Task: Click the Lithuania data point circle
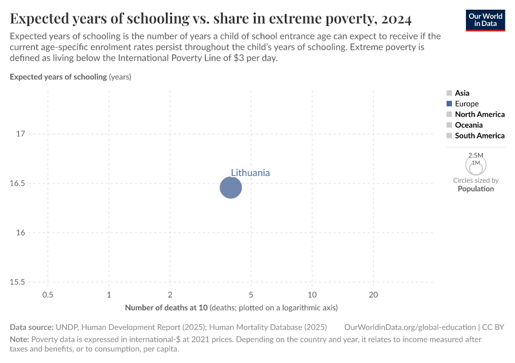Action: [x=230, y=188]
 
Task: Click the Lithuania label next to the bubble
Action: [x=250, y=173]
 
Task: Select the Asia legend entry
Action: [x=462, y=93]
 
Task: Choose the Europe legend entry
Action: [x=467, y=104]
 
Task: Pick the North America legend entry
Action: [x=479, y=114]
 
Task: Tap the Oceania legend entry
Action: [x=468, y=125]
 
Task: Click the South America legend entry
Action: [x=479, y=136]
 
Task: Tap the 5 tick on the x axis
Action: [x=251, y=295]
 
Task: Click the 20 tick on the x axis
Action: [x=373, y=295]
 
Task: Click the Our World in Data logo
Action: [x=485, y=20]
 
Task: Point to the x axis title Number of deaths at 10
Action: [x=167, y=308]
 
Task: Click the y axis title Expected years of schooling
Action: [x=59, y=77]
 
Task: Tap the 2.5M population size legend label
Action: [x=476, y=155]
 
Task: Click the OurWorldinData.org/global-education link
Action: [x=408, y=327]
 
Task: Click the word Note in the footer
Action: [x=19, y=339]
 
